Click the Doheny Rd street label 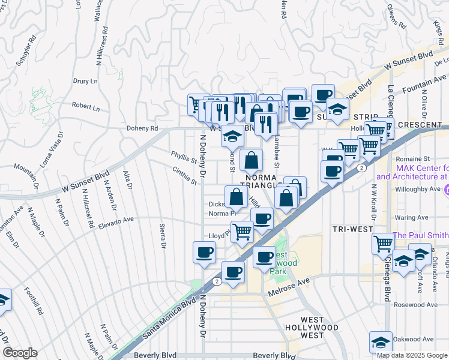point(142,128)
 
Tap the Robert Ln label point(85,107)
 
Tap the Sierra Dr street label point(162,235)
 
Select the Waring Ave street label point(411,217)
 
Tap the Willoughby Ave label point(418,189)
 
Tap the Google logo point(20,353)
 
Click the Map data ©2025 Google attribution point(412,355)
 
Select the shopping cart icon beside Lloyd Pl point(242,230)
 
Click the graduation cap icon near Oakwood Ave point(381,341)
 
